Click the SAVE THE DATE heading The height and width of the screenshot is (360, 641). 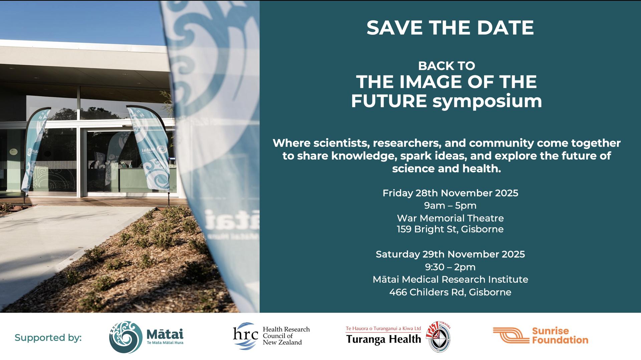[x=450, y=28]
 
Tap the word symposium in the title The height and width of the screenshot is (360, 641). [x=487, y=102]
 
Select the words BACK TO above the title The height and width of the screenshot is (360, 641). [x=446, y=66]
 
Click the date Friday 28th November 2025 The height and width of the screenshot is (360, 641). [x=450, y=193]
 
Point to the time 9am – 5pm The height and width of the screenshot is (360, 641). [x=450, y=206]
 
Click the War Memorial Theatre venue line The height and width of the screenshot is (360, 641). [x=450, y=218]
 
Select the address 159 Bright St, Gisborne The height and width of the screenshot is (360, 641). [x=450, y=229]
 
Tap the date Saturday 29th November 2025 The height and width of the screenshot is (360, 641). [x=450, y=254]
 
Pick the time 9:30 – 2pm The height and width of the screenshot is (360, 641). [x=450, y=267]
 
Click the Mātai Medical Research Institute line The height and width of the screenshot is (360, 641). [x=450, y=279]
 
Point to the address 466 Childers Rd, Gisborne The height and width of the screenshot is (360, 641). [x=450, y=292]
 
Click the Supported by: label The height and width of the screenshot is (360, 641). [x=48, y=338]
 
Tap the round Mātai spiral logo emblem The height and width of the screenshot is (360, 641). [x=126, y=337]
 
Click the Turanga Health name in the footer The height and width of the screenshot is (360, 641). [x=384, y=339]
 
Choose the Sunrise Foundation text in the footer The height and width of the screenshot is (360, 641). [x=560, y=336]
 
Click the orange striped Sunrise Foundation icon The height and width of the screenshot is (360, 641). [x=511, y=335]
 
